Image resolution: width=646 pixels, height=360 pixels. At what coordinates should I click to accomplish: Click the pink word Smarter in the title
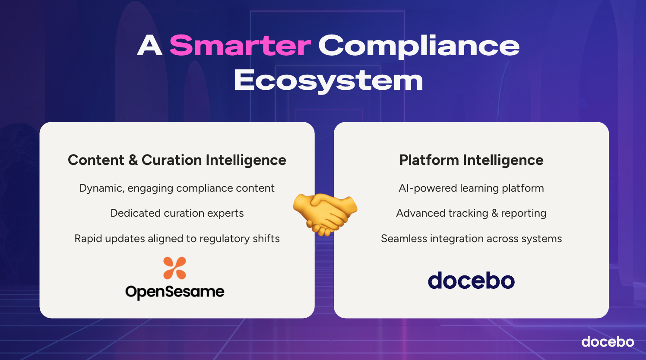coord(240,45)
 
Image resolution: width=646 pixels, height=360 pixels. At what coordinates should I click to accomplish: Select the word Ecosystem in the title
coord(328,81)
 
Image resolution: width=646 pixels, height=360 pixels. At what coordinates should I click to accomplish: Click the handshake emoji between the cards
coord(325,215)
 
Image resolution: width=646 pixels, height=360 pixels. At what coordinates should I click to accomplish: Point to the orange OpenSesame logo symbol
coord(174,268)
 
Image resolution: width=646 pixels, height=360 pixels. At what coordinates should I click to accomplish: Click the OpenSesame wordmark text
coord(175,292)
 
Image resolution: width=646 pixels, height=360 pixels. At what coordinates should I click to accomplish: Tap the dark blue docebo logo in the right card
coord(471,280)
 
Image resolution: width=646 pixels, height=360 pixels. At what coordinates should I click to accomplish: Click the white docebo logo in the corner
coord(608,342)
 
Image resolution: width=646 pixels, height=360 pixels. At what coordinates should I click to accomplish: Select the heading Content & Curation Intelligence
coord(177,160)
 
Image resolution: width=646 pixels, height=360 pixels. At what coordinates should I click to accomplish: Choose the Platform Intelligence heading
coord(471,160)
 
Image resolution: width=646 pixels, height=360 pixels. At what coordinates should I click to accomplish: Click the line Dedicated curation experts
coord(177,213)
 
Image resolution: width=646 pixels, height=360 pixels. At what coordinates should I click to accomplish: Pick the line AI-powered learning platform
coord(471,188)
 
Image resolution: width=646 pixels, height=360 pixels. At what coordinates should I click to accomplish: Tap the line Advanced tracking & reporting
coord(471,213)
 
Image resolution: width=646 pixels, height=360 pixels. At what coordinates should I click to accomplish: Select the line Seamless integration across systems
coord(471,239)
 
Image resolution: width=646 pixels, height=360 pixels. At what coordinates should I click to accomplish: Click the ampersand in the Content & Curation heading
coord(133,160)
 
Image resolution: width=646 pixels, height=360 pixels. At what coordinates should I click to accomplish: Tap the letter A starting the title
coord(149,45)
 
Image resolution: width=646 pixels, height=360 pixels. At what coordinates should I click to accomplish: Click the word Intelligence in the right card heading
coord(503,160)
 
